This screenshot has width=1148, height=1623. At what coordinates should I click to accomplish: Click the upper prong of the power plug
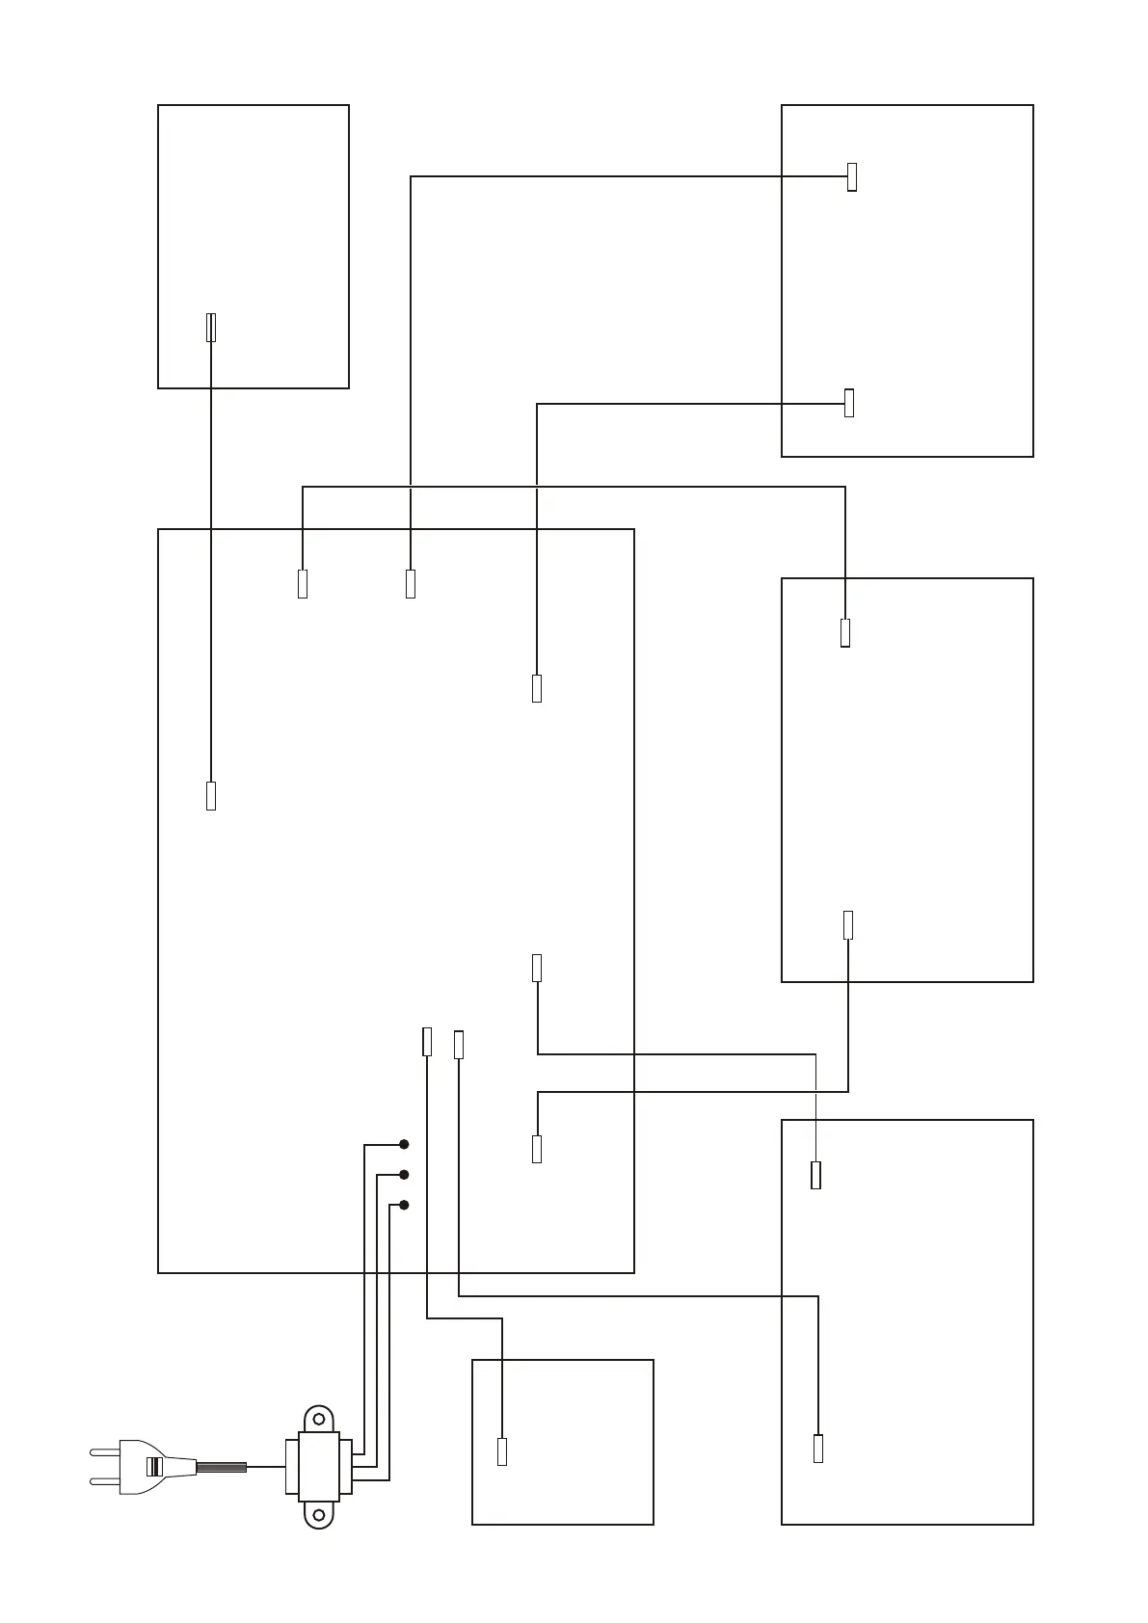[104, 1450]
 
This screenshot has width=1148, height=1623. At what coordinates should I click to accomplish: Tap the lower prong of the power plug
[104, 1481]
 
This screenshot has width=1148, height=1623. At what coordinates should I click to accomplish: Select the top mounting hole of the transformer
[318, 1420]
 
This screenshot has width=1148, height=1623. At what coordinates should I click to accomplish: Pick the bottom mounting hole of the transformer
[318, 1514]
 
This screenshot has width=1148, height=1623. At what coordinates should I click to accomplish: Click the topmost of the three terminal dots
[405, 1145]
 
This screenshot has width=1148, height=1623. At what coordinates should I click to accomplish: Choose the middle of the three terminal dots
[405, 1175]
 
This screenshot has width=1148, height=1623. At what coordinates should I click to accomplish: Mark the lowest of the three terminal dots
[405, 1205]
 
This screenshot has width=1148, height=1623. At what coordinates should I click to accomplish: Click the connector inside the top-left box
[211, 327]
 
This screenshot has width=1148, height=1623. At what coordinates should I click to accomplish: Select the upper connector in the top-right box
[852, 177]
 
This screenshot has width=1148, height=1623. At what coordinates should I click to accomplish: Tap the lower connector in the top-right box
[849, 403]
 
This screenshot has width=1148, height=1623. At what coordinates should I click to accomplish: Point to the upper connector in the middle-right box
[845, 632]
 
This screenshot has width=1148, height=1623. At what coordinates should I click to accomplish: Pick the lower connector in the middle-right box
[848, 924]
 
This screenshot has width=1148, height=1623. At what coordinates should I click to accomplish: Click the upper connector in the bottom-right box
[816, 1175]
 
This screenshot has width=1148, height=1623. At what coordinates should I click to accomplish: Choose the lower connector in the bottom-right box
[818, 1449]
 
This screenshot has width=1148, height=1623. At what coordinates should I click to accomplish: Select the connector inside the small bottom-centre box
[502, 1451]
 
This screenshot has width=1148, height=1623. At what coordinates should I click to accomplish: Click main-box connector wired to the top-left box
[211, 796]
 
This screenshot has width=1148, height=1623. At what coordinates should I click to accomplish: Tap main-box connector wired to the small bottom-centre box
[427, 1042]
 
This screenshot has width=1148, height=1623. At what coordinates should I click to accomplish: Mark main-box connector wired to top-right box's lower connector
[537, 689]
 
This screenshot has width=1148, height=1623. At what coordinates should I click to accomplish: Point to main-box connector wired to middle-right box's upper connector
[303, 584]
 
